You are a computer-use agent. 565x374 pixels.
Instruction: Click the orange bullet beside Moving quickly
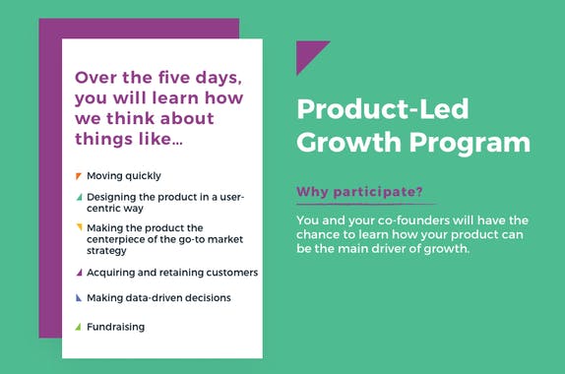(x=79, y=175)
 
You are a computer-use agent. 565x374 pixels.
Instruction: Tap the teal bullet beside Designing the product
(x=79, y=197)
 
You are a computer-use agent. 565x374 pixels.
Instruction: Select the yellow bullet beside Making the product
(x=79, y=226)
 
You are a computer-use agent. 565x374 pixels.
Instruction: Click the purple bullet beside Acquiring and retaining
(x=79, y=273)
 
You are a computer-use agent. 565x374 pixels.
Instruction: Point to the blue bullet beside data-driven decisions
(x=79, y=297)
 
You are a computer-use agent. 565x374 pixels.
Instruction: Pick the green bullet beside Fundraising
(x=79, y=326)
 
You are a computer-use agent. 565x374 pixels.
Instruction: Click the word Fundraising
(x=115, y=327)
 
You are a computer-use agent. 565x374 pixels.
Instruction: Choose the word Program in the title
(x=474, y=142)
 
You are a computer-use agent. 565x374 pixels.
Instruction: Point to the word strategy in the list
(x=108, y=251)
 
